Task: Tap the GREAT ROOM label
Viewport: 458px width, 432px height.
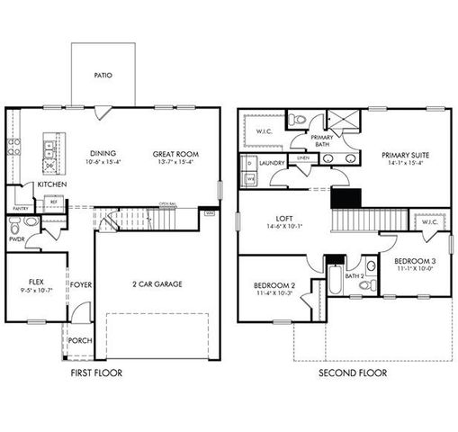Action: tap(176, 154)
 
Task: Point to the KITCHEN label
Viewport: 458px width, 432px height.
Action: tap(52, 184)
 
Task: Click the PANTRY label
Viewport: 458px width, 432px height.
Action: tap(20, 208)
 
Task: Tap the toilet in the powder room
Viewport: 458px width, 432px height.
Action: tap(30, 221)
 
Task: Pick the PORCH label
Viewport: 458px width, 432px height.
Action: tap(80, 340)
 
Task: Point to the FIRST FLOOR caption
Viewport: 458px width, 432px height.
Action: tap(95, 372)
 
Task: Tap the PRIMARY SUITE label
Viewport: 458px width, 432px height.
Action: tap(404, 155)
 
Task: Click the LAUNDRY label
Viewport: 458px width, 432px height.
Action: tap(272, 163)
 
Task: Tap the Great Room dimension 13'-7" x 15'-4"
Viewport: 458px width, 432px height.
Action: tap(176, 163)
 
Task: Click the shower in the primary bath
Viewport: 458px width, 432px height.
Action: tap(342, 121)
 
